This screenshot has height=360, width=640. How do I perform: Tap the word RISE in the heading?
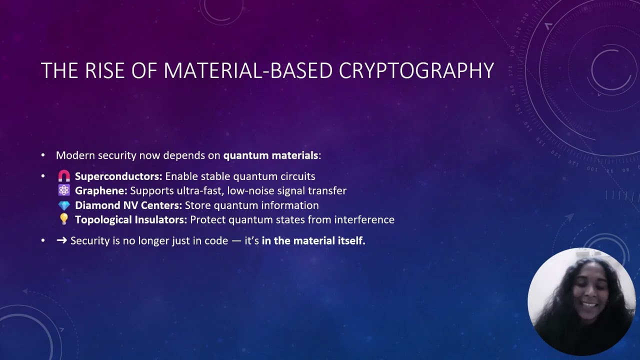(x=102, y=71)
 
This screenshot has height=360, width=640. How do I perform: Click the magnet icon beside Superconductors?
(x=64, y=176)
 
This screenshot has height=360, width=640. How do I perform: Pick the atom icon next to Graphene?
(x=64, y=190)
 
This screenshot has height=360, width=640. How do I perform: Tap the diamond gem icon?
(x=64, y=205)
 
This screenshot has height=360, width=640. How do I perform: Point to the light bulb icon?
(x=64, y=219)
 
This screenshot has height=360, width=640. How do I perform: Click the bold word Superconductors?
(x=118, y=176)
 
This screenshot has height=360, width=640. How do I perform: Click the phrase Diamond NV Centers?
(x=128, y=205)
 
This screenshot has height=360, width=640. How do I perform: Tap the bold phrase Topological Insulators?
(x=131, y=219)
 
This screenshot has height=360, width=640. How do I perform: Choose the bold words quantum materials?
(x=270, y=155)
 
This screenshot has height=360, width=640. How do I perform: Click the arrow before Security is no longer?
(x=62, y=240)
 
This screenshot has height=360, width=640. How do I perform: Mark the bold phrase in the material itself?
(x=313, y=240)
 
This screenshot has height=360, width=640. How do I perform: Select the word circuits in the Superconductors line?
(x=298, y=176)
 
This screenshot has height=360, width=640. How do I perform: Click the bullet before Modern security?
(x=43, y=155)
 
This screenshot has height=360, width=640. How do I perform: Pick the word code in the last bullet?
(x=216, y=240)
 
